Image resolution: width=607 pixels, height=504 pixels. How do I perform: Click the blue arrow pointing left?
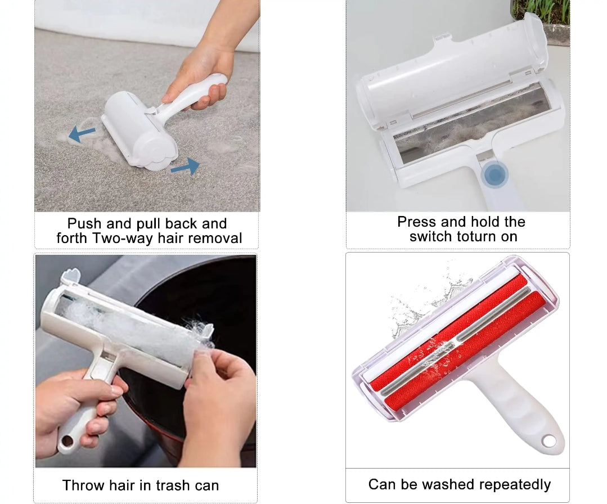click(82, 133)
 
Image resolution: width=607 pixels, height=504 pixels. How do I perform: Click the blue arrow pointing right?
click(186, 166)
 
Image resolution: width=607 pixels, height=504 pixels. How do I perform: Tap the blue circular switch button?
click(494, 174)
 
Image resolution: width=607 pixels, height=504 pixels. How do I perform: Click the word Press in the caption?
click(417, 222)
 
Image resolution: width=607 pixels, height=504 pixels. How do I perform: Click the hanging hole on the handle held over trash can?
click(68, 441)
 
